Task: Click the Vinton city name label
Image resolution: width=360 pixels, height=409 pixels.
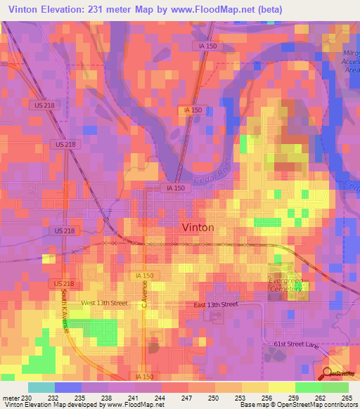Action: tap(198, 228)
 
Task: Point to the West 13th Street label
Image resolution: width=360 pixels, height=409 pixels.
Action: tap(104, 303)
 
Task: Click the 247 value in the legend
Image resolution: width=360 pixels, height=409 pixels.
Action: tap(188, 398)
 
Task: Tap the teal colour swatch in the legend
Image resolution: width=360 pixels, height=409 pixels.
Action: tap(41, 387)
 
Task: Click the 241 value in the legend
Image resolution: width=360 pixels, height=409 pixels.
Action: tap(135, 398)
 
